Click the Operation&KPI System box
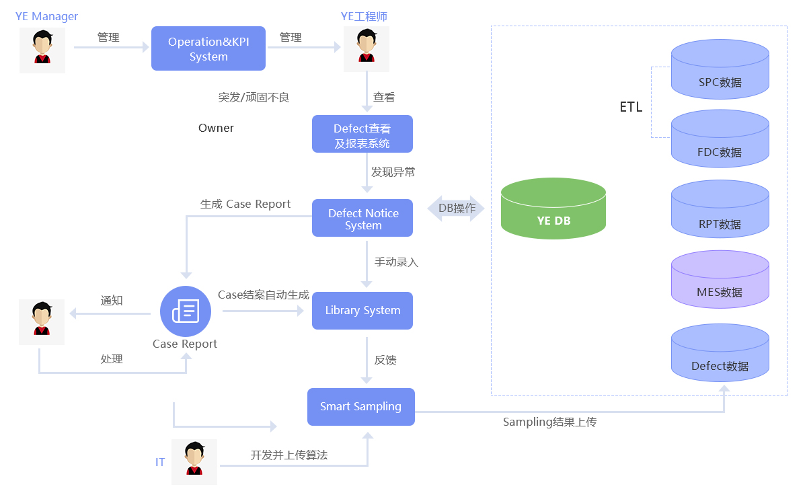point(208,48)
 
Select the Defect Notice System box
point(362,218)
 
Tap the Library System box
point(362,311)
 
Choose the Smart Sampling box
point(361,407)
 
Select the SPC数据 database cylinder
point(720,71)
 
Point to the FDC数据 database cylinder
point(720,141)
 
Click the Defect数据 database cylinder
point(720,354)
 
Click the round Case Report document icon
point(186,311)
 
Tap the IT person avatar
point(194,461)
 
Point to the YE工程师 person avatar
point(367,49)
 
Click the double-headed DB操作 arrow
point(457,209)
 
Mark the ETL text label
point(631,107)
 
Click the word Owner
point(216,128)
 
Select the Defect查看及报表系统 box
point(362,134)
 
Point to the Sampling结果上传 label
point(550,422)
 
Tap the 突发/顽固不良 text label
point(254,98)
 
